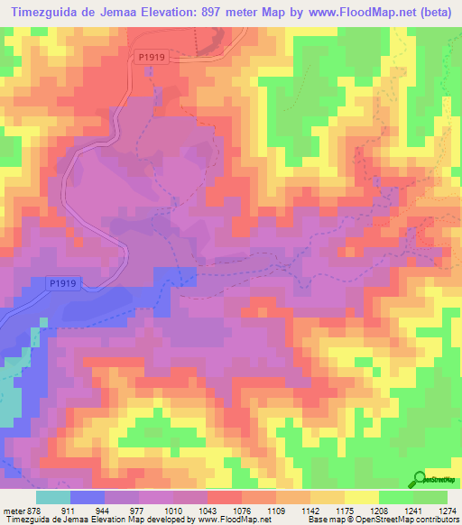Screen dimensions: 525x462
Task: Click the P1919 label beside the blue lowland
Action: (x=61, y=283)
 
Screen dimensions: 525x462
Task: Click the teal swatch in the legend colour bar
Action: (x=51, y=497)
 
